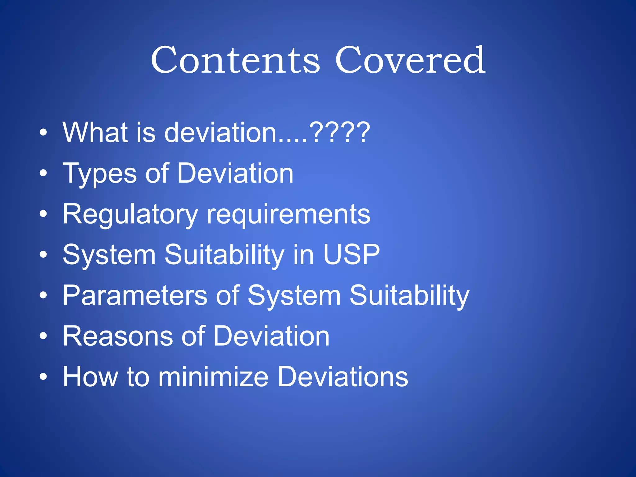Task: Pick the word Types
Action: click(x=99, y=174)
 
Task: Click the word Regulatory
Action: click(x=130, y=214)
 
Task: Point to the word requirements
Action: click(x=288, y=214)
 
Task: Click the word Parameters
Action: click(x=135, y=295)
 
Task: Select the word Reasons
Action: click(x=118, y=336)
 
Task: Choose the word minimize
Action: click(x=213, y=377)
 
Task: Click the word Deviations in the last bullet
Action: click(x=343, y=377)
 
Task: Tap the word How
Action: click(x=90, y=377)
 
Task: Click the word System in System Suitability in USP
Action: click(x=109, y=255)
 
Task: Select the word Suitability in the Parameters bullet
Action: click(x=409, y=295)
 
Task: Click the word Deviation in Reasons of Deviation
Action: click(x=271, y=336)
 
